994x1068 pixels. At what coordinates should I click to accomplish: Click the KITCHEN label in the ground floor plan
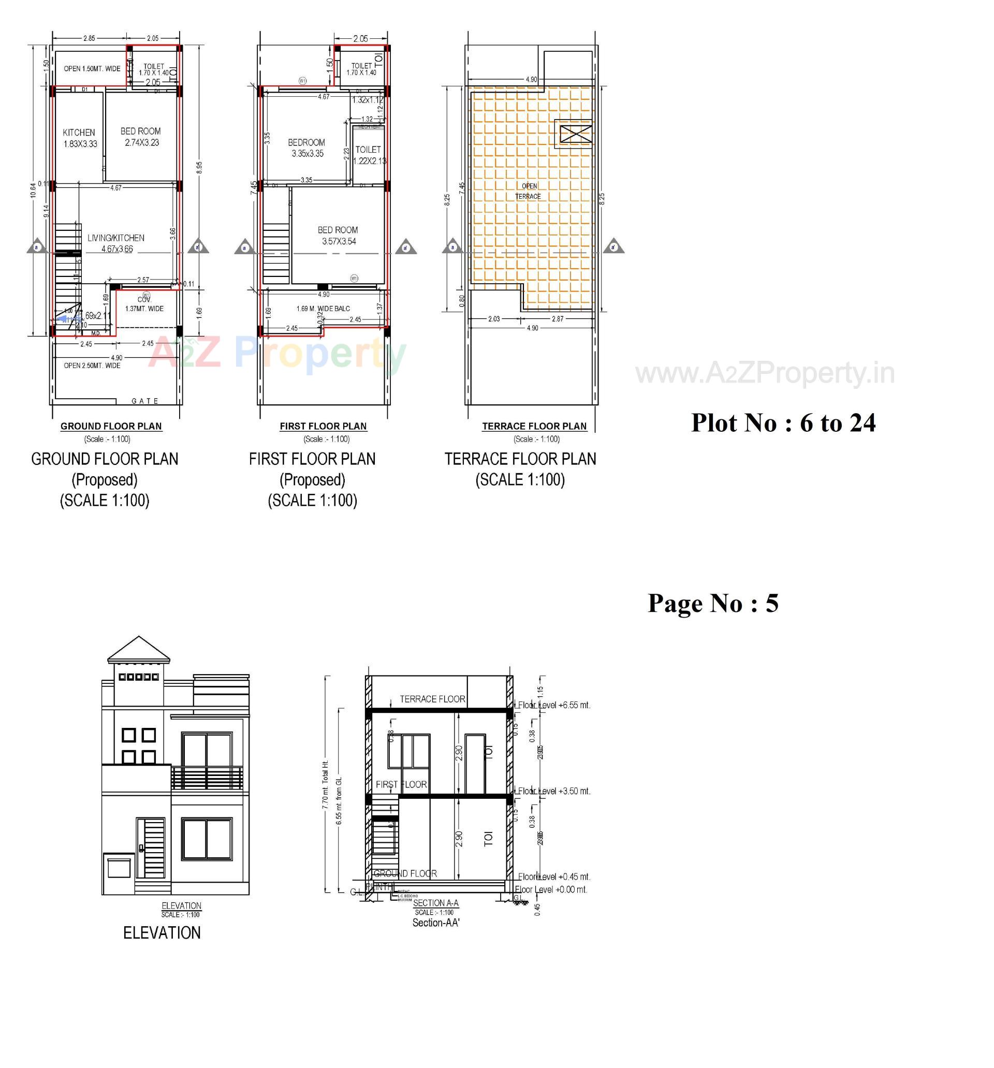click(x=79, y=132)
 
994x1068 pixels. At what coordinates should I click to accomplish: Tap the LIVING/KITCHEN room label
click(x=116, y=238)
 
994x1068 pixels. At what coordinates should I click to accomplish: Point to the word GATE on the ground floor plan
click(x=145, y=401)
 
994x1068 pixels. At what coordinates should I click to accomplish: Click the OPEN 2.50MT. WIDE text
click(x=92, y=365)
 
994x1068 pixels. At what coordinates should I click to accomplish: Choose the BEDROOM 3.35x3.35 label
click(x=306, y=148)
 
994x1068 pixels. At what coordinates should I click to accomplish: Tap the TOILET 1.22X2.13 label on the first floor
click(x=368, y=155)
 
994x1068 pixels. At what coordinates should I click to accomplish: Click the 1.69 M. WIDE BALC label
click(x=323, y=309)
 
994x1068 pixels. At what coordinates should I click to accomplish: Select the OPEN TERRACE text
click(x=528, y=191)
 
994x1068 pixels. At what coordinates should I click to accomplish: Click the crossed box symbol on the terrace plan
click(x=576, y=133)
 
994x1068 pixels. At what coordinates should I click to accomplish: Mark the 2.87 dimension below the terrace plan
click(x=558, y=318)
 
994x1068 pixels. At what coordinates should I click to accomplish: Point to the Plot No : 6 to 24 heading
click(x=783, y=423)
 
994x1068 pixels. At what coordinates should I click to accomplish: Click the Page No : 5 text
click(x=712, y=603)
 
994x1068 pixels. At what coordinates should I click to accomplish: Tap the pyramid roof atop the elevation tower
click(x=139, y=650)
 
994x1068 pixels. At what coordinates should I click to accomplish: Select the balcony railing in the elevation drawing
click(x=207, y=778)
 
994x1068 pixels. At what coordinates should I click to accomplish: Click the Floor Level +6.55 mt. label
click(x=554, y=705)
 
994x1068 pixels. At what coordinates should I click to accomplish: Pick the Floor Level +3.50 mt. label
click(x=554, y=791)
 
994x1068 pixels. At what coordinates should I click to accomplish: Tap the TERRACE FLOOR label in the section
click(x=432, y=699)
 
